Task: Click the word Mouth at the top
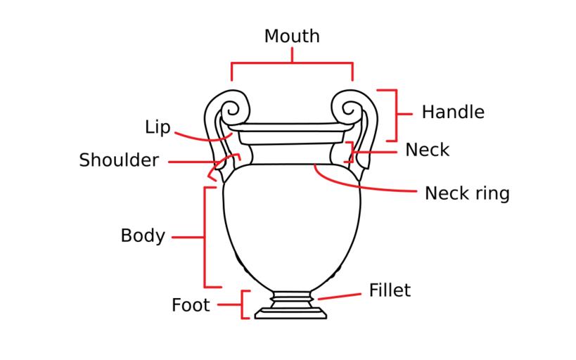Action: click(292, 36)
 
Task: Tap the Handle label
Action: click(453, 112)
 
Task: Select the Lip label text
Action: click(158, 127)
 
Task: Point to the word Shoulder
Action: click(119, 160)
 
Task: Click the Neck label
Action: click(427, 150)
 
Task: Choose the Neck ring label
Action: click(467, 193)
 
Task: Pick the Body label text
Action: click(143, 236)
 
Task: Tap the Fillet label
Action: click(390, 290)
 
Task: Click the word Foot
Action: click(191, 305)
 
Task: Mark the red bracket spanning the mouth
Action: click(292, 63)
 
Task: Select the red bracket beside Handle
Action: click(396, 114)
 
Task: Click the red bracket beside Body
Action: click(205, 237)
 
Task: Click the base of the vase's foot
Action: click(290, 314)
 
